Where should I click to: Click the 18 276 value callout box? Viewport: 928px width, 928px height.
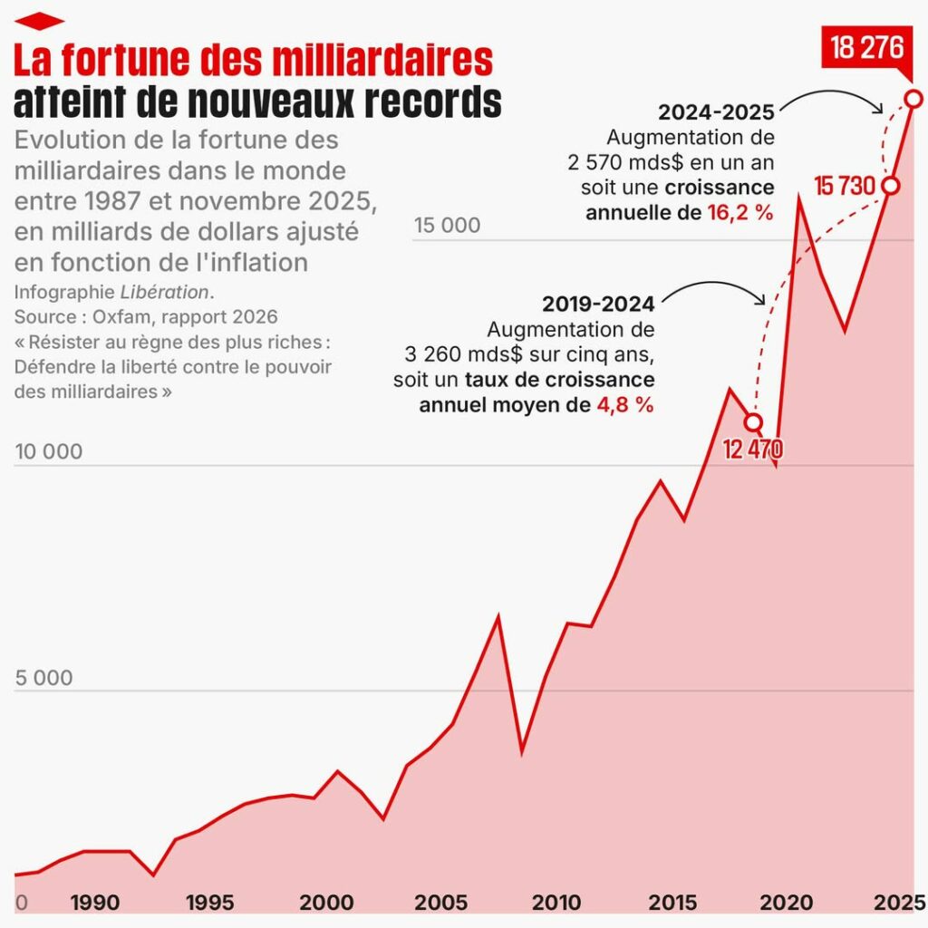867,47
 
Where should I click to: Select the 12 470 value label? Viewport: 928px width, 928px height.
753,448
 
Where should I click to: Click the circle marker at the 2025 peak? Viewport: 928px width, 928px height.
913,98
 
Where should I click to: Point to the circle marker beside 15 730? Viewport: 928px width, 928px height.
890,186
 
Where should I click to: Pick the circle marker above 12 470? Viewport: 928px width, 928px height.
753,422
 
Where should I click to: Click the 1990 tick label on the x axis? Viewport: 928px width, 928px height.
94,903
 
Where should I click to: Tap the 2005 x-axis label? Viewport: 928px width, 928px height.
441,903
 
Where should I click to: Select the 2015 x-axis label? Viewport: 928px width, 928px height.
672,903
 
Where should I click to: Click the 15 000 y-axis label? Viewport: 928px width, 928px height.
448,226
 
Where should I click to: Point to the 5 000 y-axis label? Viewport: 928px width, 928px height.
48,678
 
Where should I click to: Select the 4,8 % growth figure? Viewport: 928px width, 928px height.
624,404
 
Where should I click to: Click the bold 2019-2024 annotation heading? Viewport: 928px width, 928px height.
598,305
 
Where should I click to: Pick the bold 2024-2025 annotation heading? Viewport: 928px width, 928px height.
716,113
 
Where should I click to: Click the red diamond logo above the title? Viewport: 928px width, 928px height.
39,21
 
